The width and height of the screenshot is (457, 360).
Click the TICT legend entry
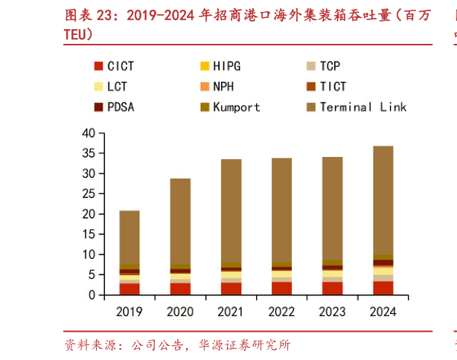pyautogui.click(x=333, y=86)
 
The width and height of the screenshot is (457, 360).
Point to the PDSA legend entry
pyautogui.click(x=120, y=106)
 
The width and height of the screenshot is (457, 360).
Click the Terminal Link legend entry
pyautogui.click(x=362, y=106)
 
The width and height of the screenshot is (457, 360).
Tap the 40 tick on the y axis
pyautogui.click(x=88, y=133)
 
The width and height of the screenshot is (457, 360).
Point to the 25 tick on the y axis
pyautogui.click(x=88, y=193)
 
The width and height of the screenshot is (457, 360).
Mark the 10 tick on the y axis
pyautogui.click(x=88, y=254)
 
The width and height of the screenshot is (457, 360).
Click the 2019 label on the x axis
pyautogui.click(x=130, y=309)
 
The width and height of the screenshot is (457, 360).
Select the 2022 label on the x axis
pyautogui.click(x=281, y=309)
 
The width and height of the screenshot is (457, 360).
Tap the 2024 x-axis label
pyautogui.click(x=383, y=309)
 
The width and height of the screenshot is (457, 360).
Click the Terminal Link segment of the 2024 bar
pyautogui.click(x=383, y=201)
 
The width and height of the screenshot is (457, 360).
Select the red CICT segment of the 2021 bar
pyautogui.click(x=231, y=289)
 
